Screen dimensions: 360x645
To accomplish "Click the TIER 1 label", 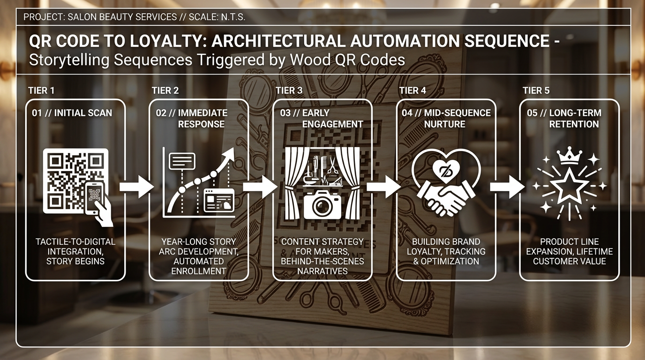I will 41,90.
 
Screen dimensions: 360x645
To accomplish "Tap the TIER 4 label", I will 412,90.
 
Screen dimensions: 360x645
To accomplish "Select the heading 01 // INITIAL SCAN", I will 72,113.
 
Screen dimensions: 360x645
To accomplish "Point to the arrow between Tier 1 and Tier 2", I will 136,187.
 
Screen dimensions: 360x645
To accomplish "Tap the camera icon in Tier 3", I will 322,203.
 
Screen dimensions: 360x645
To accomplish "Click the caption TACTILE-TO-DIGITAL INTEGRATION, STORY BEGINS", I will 75,251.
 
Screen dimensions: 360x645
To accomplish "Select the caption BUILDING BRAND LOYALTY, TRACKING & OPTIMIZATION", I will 446,251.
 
